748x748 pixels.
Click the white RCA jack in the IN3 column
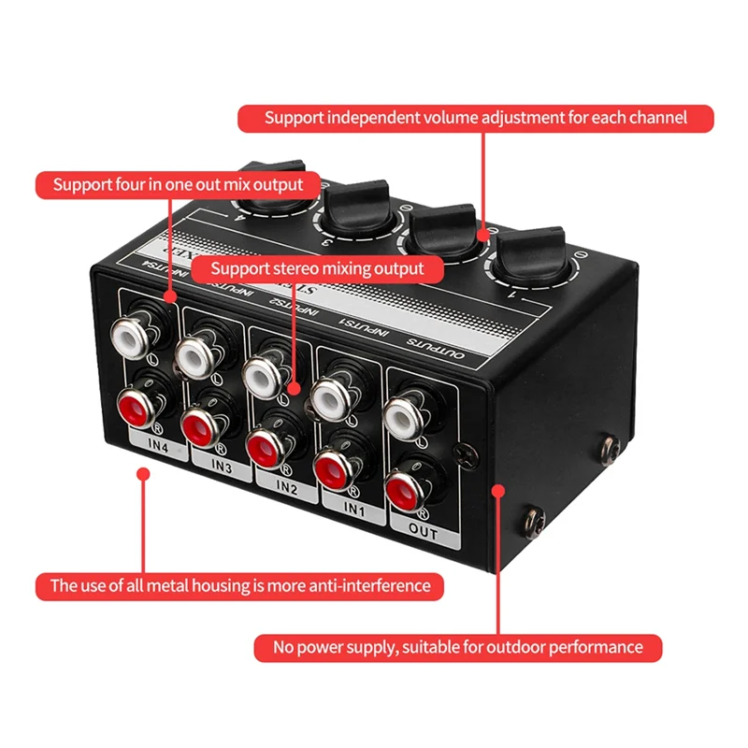197,354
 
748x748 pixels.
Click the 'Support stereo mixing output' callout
317,268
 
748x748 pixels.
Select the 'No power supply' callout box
458,647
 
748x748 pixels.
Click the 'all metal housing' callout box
240,586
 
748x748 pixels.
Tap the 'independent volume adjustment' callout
475,118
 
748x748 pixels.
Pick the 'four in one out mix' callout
178,184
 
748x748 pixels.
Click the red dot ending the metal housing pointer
142,474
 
